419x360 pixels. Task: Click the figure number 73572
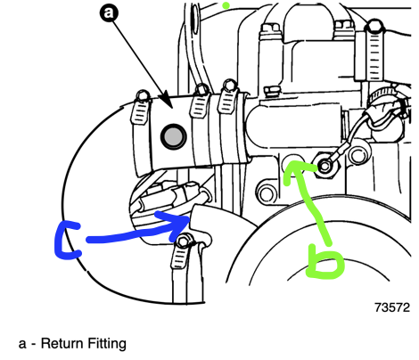coord(391,308)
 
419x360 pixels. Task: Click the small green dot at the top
coord(226,5)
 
